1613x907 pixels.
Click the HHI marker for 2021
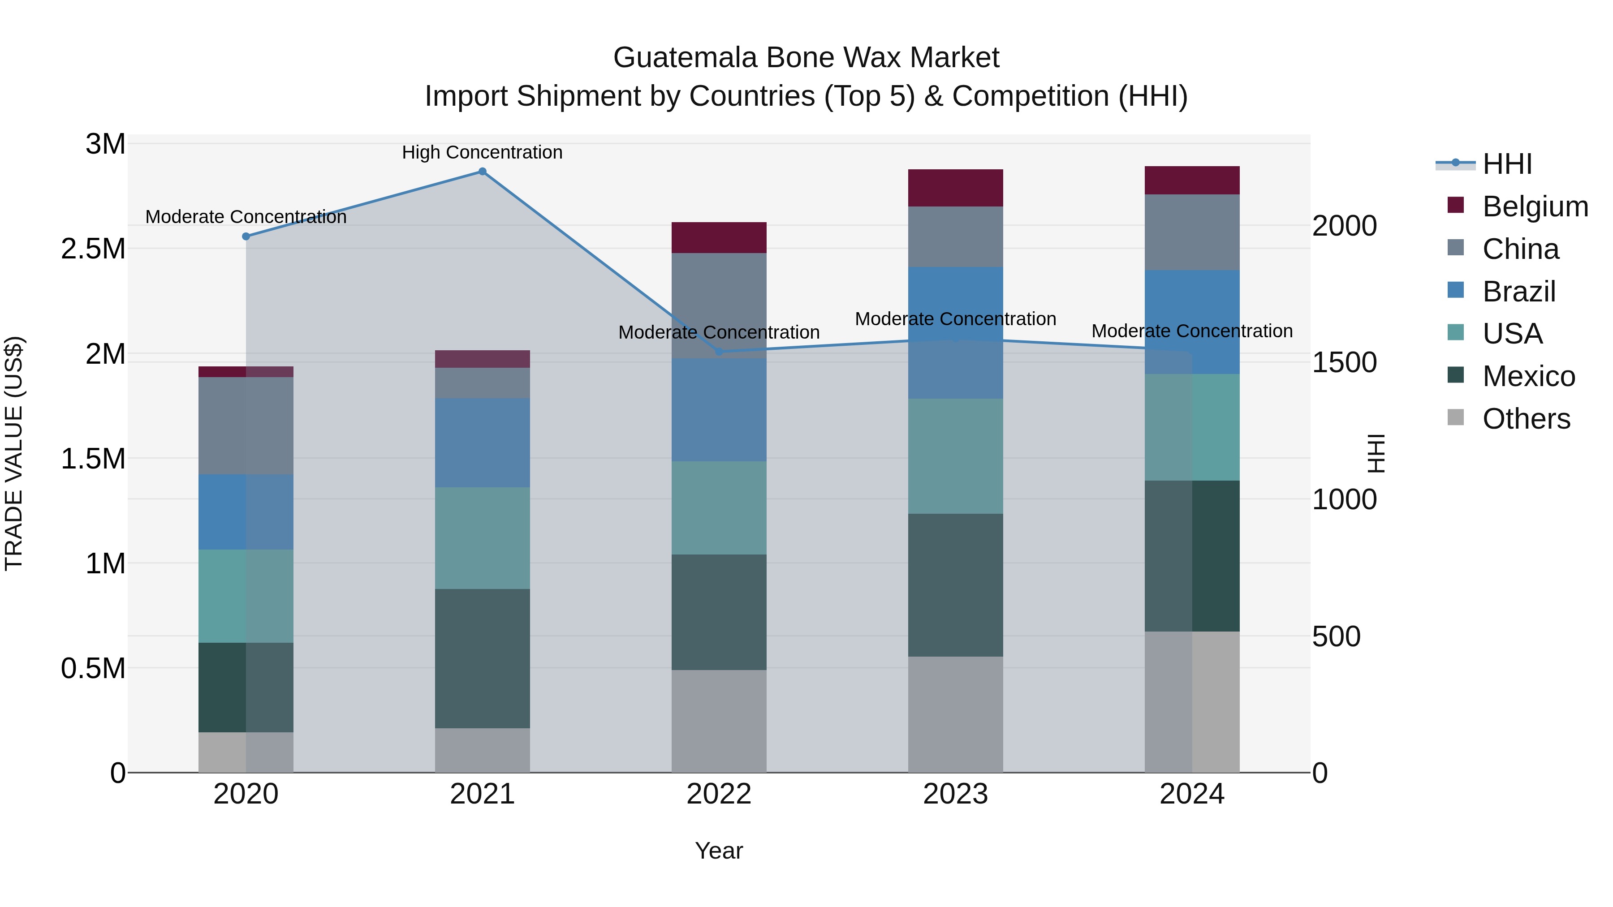point(482,172)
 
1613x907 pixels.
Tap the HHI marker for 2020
point(246,236)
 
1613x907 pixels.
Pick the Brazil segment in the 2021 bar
point(482,443)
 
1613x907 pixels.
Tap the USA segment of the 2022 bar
point(719,507)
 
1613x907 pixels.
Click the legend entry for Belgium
point(1534,206)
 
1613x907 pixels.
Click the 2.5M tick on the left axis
point(93,249)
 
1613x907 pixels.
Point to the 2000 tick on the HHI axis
point(1344,226)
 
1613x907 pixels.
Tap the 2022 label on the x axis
point(719,794)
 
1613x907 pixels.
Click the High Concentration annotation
point(482,152)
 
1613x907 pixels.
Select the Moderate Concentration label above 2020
point(246,217)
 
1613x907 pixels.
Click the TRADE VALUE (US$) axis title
point(14,453)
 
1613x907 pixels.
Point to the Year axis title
point(719,851)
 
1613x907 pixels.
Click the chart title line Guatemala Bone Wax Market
point(806,58)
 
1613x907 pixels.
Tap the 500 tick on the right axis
point(1336,636)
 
